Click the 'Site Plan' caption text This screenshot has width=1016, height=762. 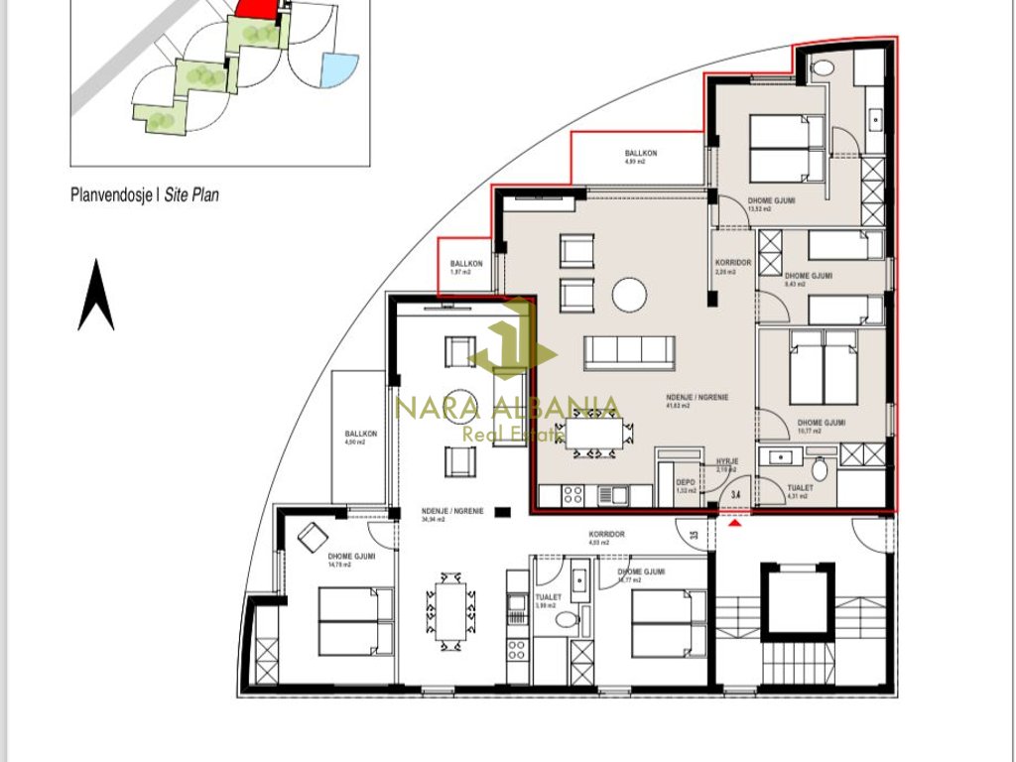[x=190, y=195]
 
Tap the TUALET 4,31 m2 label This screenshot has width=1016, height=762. [x=799, y=491]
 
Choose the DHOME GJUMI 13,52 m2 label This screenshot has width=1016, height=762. [x=771, y=204]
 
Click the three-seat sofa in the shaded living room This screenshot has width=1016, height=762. [x=629, y=351]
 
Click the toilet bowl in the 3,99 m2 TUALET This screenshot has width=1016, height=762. [x=566, y=621]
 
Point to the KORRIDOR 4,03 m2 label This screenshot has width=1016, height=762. [x=606, y=538]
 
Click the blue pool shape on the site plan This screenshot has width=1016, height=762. [x=338, y=69]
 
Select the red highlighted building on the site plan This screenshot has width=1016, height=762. [x=259, y=7]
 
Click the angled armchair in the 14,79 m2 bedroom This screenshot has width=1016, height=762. [x=310, y=536]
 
